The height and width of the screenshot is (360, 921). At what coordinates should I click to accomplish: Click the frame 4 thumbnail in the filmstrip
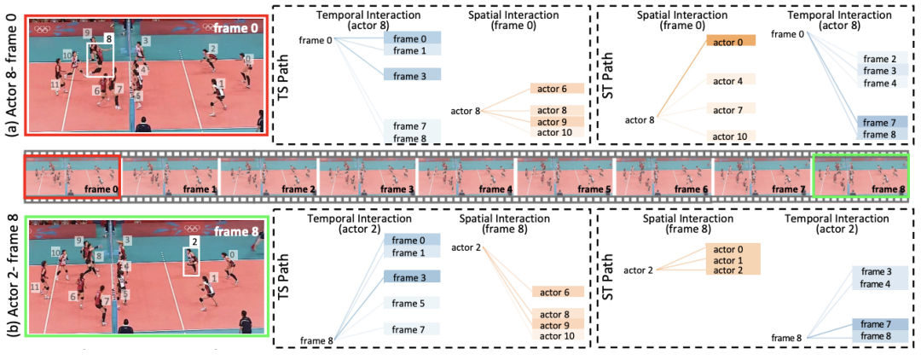click(466, 177)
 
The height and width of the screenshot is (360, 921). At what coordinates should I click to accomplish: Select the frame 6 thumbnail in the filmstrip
click(663, 177)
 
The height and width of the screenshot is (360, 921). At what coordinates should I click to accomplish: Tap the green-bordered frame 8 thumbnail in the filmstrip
click(861, 177)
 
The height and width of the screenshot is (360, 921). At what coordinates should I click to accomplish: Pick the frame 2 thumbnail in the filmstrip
click(269, 177)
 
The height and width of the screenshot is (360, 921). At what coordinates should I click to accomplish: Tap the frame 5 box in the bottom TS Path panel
click(410, 303)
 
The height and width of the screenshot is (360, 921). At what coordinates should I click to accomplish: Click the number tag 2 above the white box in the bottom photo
click(194, 242)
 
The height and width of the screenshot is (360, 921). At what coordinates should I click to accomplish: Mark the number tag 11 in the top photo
click(55, 85)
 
